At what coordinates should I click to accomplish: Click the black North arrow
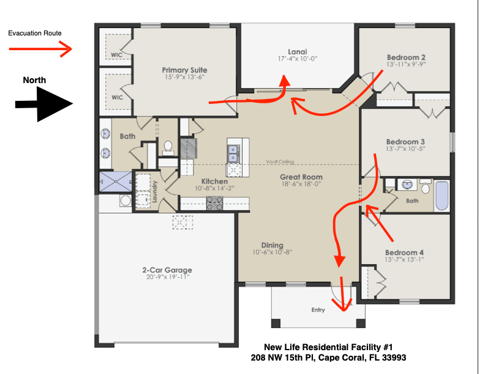click(x=44, y=105)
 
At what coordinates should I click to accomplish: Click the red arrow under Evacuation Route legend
click(x=40, y=49)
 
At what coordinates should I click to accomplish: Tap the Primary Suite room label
click(x=185, y=70)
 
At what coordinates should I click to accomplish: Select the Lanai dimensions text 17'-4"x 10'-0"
click(x=298, y=59)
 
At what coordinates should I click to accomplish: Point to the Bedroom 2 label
click(x=406, y=57)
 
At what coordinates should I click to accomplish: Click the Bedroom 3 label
click(x=405, y=142)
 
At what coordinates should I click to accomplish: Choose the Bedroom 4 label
click(x=404, y=252)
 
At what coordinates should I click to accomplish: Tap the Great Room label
click(x=301, y=177)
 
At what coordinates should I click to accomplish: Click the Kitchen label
click(x=215, y=182)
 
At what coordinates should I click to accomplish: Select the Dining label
click(x=272, y=245)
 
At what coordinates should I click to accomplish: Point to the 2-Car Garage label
click(x=167, y=270)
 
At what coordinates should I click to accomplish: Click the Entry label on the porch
click(x=318, y=310)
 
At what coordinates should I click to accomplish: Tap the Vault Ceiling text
click(x=280, y=162)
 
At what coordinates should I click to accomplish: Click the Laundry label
click(x=155, y=192)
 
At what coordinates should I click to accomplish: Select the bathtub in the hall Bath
click(x=442, y=196)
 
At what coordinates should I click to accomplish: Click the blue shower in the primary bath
click(x=115, y=182)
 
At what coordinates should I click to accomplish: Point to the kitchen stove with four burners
click(x=214, y=203)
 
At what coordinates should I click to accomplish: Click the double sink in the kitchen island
click(x=233, y=153)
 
